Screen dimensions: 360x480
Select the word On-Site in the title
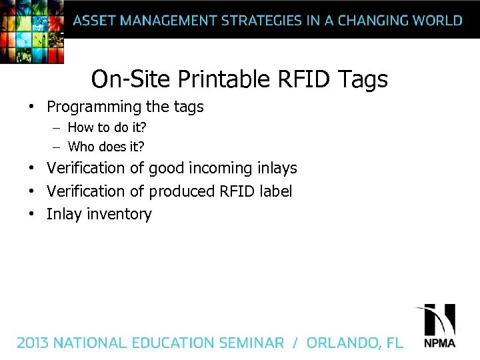(x=131, y=80)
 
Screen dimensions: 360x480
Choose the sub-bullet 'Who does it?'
(x=106, y=147)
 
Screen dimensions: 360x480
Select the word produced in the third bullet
(x=182, y=192)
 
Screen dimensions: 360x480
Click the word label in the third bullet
(x=275, y=191)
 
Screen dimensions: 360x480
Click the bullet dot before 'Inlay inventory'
(x=31, y=215)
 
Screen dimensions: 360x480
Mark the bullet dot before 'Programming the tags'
(x=31, y=107)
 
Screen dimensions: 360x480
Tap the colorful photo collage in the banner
(x=32, y=30)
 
